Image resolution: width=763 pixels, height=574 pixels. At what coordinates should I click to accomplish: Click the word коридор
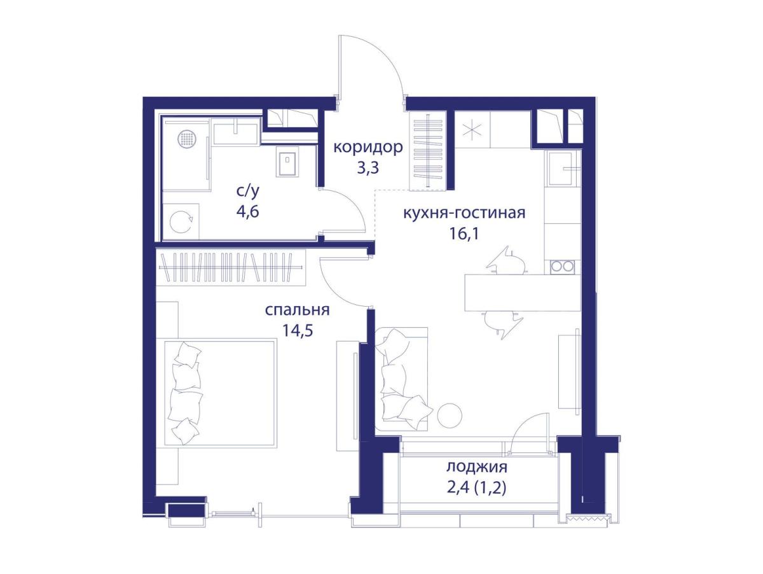coord(368,148)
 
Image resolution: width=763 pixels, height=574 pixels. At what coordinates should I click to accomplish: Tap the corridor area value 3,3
coord(368,168)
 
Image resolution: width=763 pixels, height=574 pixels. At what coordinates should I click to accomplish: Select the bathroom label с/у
coord(248,191)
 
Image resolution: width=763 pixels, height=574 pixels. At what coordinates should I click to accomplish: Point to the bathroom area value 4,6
coord(248,211)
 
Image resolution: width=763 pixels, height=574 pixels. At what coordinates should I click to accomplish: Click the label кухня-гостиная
coord(464,213)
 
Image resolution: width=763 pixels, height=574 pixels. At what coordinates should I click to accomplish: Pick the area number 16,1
coord(464,234)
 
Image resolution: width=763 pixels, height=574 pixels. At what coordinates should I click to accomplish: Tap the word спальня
coord(297,310)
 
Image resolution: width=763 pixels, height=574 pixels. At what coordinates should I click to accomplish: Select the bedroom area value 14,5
coord(297,330)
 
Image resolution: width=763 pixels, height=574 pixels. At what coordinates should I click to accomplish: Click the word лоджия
coord(477,467)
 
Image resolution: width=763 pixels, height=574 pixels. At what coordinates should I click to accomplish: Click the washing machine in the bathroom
coord(181,221)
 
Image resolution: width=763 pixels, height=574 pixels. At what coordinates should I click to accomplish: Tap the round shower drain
coord(187,139)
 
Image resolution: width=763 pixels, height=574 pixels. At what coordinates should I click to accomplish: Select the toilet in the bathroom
coord(287,161)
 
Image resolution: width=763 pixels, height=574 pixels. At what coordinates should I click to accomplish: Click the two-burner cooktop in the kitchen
coord(562,267)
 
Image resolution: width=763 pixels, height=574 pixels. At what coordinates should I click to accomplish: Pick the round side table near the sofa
coord(450,415)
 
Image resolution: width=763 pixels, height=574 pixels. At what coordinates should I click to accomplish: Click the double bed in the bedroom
coord(221,393)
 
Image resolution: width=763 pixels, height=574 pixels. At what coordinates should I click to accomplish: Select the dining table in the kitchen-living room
coord(523,293)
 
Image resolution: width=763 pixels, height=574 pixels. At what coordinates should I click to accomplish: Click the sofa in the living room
coord(401,379)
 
